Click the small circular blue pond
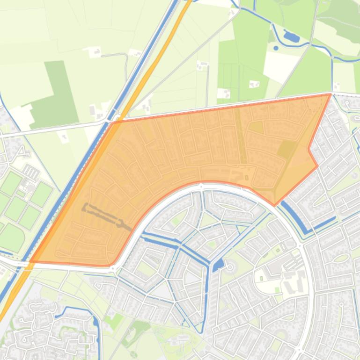point(276,48)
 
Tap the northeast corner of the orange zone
point(331,94)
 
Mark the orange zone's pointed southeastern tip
point(275,205)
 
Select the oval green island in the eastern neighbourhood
point(343,258)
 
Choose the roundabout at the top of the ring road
point(201,186)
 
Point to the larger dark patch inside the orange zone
point(286,150)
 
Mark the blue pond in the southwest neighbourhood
point(96,321)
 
